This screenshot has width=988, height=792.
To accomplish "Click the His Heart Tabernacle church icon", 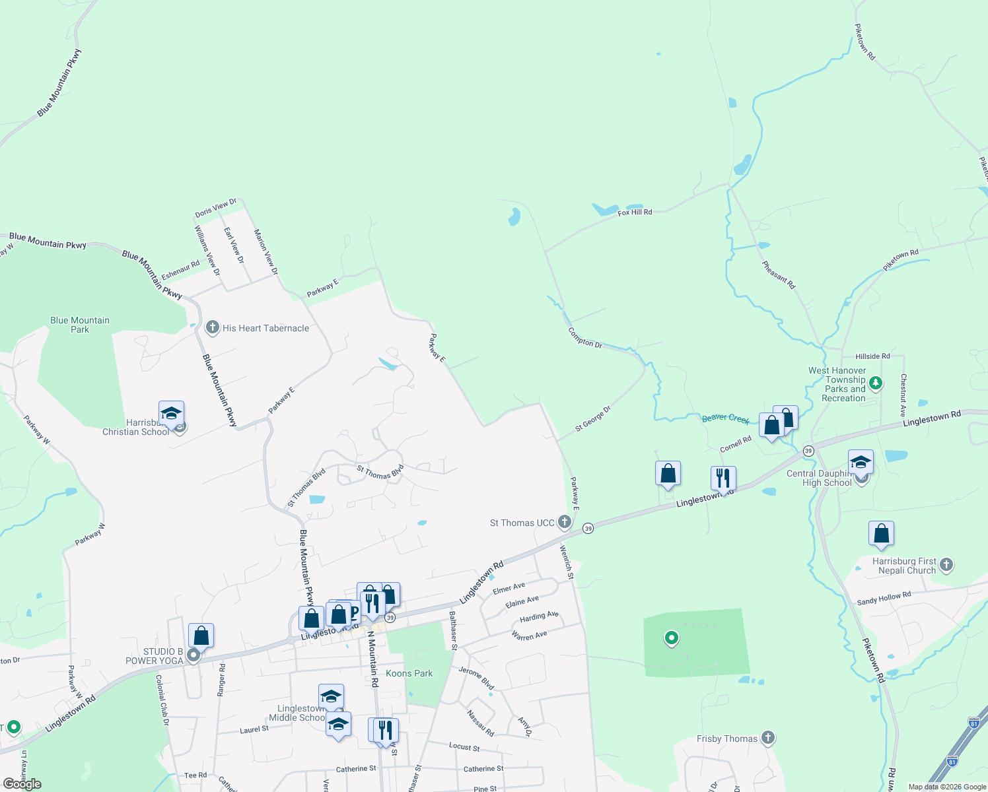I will (212, 327).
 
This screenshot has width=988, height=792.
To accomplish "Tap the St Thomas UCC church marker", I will (564, 522).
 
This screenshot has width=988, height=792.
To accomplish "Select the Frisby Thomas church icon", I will (767, 738).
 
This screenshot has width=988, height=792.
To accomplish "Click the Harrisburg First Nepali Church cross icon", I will (946, 565).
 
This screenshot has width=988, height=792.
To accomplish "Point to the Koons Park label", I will (409, 673).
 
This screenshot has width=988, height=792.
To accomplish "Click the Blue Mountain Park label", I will (80, 325).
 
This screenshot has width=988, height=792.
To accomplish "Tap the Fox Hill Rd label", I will (635, 213).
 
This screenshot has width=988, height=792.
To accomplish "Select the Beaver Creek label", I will (725, 418).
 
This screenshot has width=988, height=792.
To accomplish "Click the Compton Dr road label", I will (585, 338).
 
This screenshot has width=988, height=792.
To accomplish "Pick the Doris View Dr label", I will (215, 208).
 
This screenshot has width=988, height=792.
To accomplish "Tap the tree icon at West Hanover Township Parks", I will (875, 383).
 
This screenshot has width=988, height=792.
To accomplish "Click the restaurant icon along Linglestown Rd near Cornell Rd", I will (723, 478).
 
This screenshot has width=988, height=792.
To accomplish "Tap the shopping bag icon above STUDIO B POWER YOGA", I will (201, 636).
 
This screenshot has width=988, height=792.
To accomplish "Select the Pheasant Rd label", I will (779, 275).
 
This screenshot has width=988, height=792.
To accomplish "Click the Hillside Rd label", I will (872, 356).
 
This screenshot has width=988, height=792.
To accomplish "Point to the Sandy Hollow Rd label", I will (884, 598).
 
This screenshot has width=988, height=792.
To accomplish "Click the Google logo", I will (22, 784).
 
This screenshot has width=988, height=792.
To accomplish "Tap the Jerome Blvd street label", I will (476, 678).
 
